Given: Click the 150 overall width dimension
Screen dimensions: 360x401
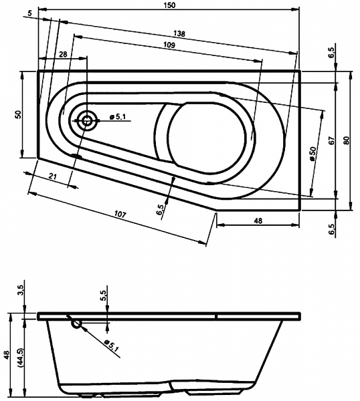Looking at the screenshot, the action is pos(170,5).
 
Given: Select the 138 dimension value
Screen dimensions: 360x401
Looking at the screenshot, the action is pos(179,33).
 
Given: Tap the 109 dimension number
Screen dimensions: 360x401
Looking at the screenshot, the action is pos(169,45).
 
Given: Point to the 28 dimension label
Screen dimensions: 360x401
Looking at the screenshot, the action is pos(63,54).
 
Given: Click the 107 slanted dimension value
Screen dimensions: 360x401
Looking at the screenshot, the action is pos(120,214).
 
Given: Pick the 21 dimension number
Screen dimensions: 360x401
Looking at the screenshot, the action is pos(52,176).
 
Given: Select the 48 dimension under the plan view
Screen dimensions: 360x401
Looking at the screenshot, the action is pos(258,221).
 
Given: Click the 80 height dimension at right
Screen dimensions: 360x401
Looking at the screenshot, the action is pos(347,140).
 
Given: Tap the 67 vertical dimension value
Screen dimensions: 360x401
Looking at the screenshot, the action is pos(332,140).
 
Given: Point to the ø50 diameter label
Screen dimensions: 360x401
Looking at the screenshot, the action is pos(313,154).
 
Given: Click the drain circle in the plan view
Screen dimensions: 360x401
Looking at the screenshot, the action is pos(87,121).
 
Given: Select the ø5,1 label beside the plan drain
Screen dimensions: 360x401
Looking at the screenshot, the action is pos(118,117).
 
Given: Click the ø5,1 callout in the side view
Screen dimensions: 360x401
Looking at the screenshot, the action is pos(112,346).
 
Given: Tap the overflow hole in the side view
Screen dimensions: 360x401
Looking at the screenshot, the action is pos(76,323).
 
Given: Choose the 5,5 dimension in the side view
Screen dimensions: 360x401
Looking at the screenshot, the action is pos(103,295).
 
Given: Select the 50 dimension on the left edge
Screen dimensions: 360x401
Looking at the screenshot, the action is pos(18,114).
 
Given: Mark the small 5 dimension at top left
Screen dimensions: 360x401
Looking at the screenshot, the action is pos(30,13).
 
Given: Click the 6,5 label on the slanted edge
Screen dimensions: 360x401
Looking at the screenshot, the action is pos(159,210).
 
